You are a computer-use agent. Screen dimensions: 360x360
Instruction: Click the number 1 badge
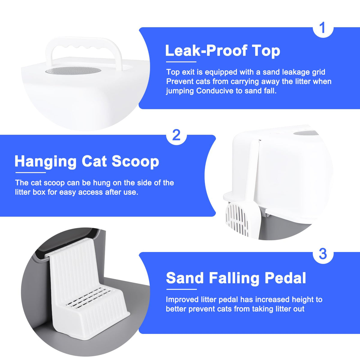pyautogui.click(x=323, y=28)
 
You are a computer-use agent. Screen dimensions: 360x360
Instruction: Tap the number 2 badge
pyautogui.click(x=176, y=135)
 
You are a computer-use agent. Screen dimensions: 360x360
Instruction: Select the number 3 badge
pyautogui.click(x=323, y=253)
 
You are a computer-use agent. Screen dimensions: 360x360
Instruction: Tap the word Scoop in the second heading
pyautogui.click(x=135, y=162)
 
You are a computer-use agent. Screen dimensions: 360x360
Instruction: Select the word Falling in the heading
pyautogui.click(x=234, y=278)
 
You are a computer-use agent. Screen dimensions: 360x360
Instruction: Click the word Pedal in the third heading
pyautogui.click(x=286, y=278)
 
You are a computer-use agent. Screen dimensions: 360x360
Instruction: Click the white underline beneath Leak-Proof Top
pyautogui.click(x=181, y=62)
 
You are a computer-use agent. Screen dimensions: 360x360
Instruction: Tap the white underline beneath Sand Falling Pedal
pyautogui.click(x=181, y=289)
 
